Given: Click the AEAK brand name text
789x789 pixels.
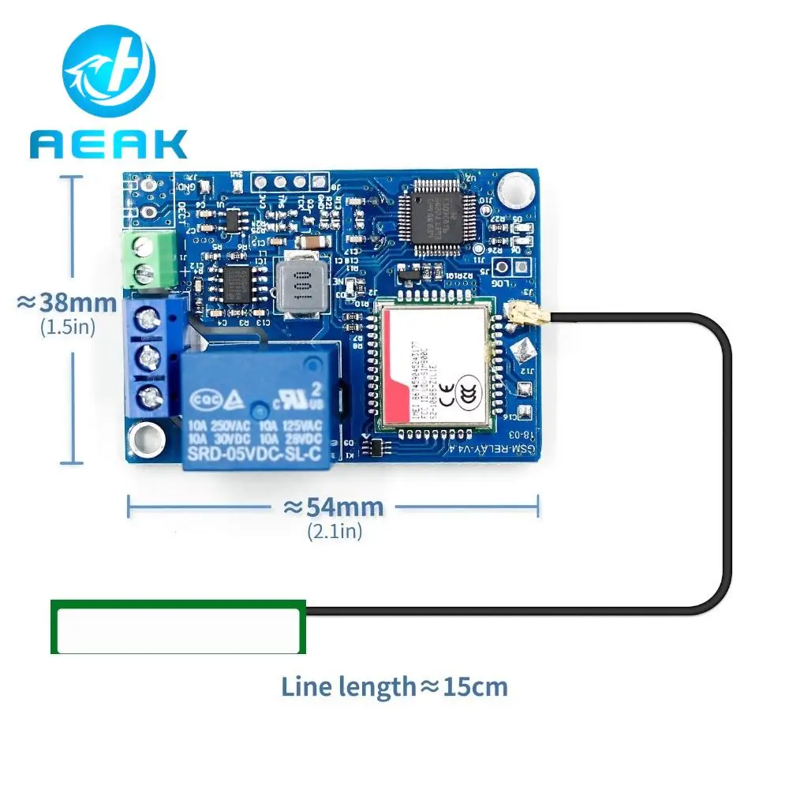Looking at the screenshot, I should point(109,144).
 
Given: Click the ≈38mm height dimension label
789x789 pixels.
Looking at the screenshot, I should point(68,302).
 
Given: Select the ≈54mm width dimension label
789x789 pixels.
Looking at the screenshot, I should point(334,507).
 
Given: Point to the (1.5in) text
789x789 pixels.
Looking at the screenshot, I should point(68,327).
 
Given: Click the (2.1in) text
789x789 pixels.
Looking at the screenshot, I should point(335,532).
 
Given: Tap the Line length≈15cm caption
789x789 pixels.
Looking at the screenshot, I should point(394,686).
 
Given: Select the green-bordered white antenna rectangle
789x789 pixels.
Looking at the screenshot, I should point(178,628).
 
